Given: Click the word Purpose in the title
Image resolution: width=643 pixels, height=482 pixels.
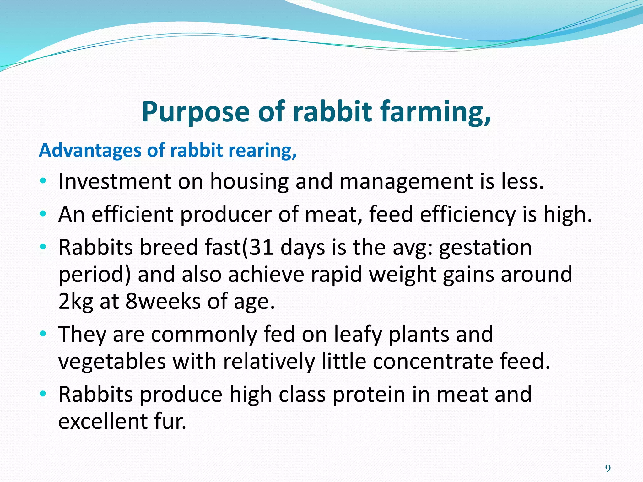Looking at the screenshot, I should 195,112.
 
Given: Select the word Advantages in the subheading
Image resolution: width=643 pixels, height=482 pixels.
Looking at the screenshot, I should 90,151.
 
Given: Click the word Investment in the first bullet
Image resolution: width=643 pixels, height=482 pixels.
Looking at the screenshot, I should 115,182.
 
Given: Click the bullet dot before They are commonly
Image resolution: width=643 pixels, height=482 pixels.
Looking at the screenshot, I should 43,334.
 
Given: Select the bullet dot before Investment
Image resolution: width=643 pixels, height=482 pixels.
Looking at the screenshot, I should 43,181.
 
